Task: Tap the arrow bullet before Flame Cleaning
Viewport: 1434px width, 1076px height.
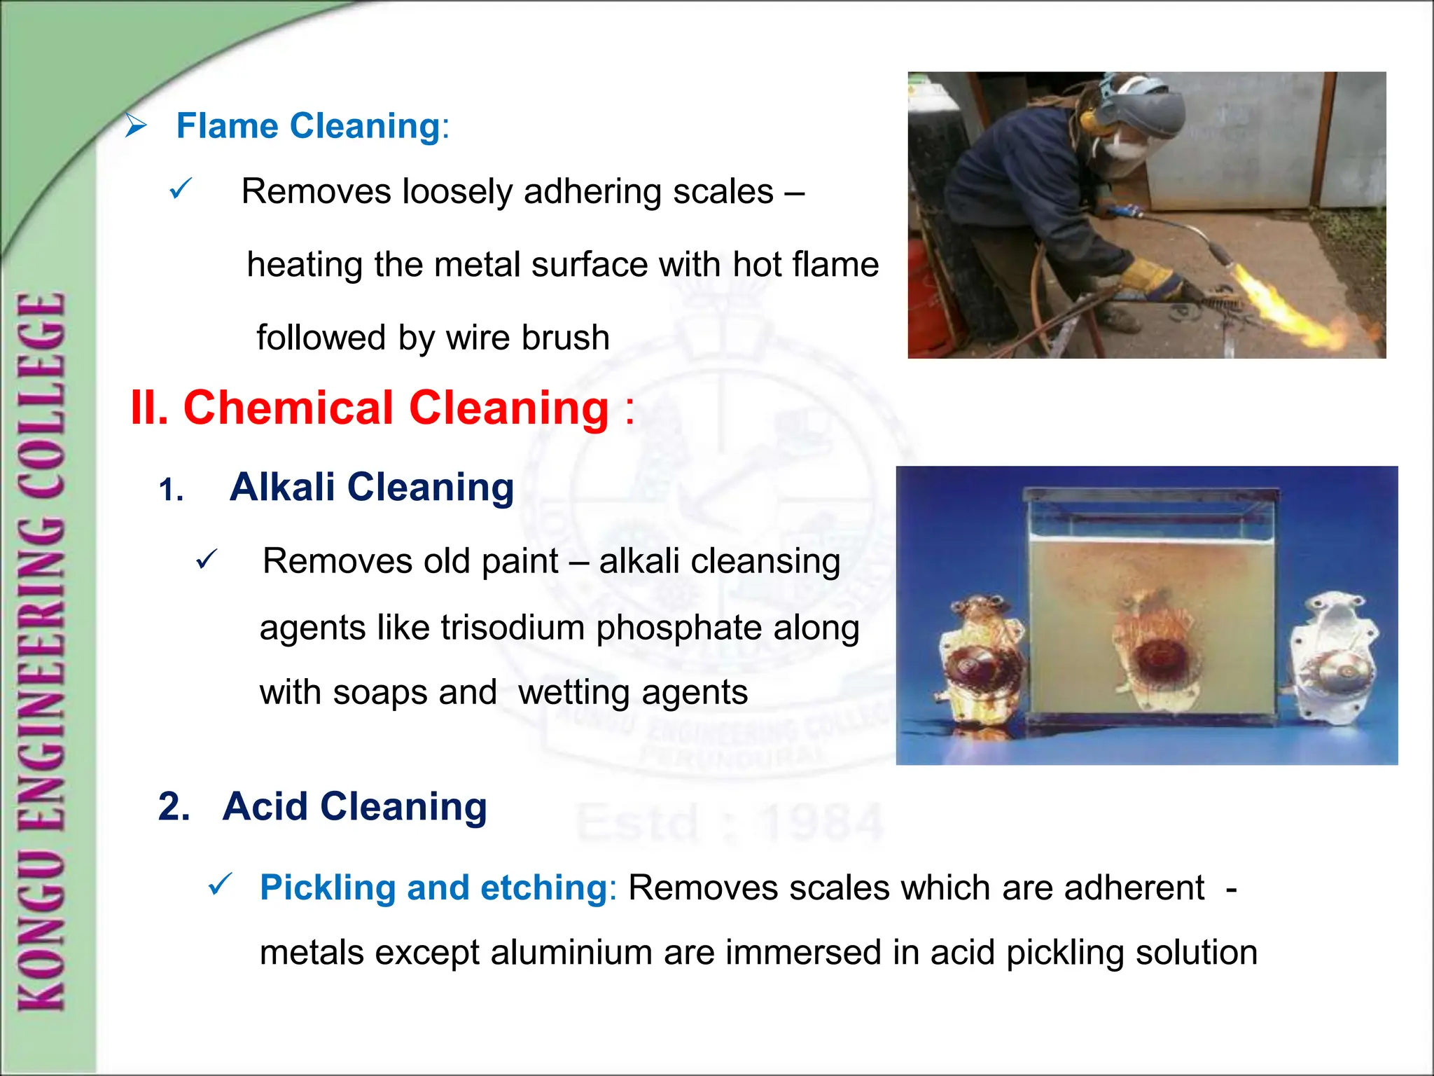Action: tap(136, 126)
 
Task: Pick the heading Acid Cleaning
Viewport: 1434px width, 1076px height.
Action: tap(354, 806)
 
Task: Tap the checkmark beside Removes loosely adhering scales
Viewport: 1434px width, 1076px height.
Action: tap(181, 189)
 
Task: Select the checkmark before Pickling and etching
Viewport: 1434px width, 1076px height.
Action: tap(221, 885)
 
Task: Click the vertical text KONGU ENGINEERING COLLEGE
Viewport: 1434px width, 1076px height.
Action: tap(42, 651)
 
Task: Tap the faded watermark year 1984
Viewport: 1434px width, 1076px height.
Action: tap(823, 823)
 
